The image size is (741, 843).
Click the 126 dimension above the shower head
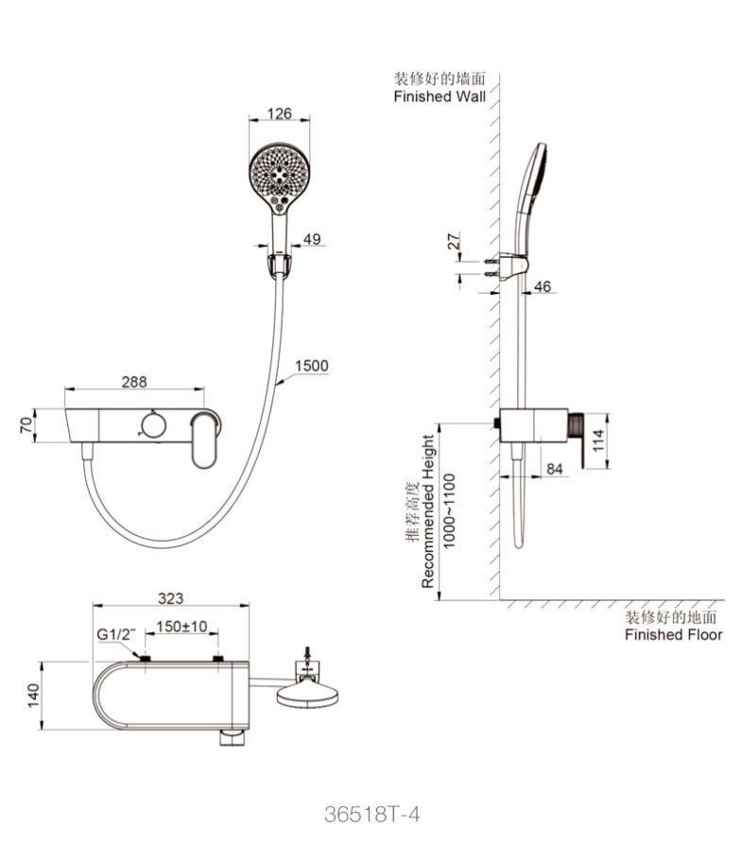[x=279, y=114]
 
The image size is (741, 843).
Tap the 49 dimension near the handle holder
[x=311, y=239]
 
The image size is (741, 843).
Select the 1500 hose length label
[x=312, y=366]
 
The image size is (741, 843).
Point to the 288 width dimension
[x=133, y=383]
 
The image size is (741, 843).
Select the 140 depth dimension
[x=32, y=697]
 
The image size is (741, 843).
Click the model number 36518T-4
[x=370, y=815]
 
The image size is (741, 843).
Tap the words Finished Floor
[x=673, y=634]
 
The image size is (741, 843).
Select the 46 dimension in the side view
[x=543, y=285]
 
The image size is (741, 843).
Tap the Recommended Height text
[x=428, y=510]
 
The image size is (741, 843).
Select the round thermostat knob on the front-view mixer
[x=151, y=424]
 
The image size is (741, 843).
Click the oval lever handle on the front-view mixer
[x=203, y=440]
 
